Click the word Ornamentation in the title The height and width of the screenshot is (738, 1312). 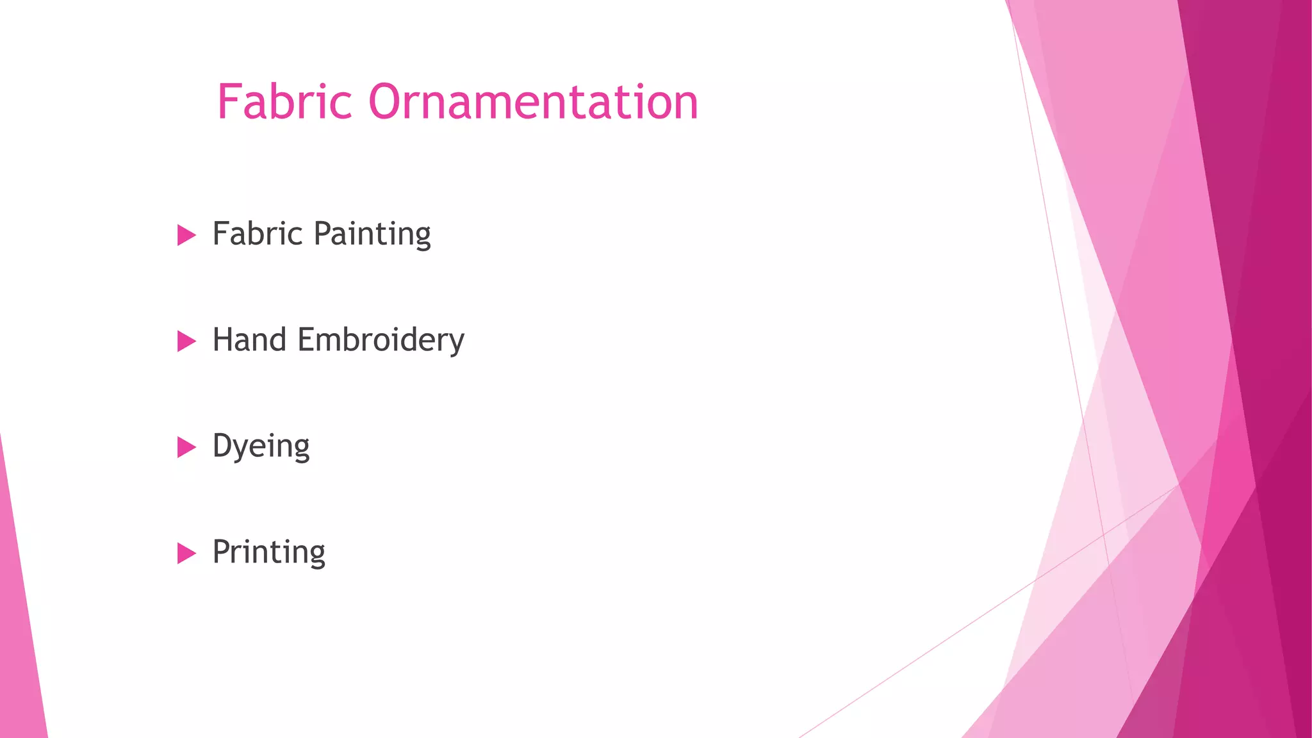click(x=533, y=102)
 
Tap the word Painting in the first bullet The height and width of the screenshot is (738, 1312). click(x=372, y=234)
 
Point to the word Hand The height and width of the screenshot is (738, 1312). click(x=249, y=340)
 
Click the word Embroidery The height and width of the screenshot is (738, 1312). click(x=381, y=341)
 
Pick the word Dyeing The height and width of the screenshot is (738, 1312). click(x=261, y=447)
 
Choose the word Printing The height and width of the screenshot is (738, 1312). click(x=268, y=552)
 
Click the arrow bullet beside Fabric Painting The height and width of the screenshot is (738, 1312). click(x=186, y=235)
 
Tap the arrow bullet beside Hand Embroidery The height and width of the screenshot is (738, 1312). click(x=186, y=341)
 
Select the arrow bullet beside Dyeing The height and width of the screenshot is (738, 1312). click(x=186, y=447)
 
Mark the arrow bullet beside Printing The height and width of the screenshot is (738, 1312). click(x=186, y=553)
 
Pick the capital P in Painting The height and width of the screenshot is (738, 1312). click(x=324, y=233)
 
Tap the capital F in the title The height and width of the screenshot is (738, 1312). click(x=229, y=102)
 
